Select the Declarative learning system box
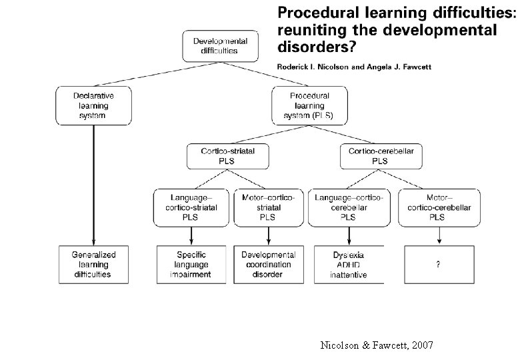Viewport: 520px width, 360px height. [93, 105]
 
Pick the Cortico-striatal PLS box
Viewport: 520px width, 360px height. [227, 156]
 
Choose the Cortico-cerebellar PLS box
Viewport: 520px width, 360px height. [381, 156]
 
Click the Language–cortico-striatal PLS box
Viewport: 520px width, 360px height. [190, 207]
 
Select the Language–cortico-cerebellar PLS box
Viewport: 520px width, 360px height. [348, 207]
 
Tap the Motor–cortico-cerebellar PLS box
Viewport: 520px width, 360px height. [437, 207]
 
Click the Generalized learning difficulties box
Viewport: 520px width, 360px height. [93, 264]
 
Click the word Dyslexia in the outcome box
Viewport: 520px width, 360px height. [348, 255]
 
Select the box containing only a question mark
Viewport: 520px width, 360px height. [437, 264]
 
